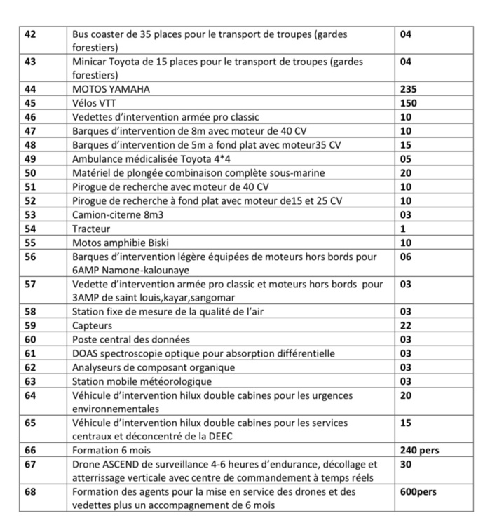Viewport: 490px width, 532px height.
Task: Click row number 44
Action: pyautogui.click(x=30, y=89)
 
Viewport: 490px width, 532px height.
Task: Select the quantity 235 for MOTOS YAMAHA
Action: pyautogui.click(x=408, y=89)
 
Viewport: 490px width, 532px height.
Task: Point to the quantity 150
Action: pyautogui.click(x=408, y=103)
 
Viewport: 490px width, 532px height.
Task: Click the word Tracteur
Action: pyautogui.click(x=91, y=229)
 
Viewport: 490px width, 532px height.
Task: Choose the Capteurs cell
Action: pyautogui.click(x=92, y=326)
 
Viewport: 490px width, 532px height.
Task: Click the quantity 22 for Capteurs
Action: pyautogui.click(x=406, y=326)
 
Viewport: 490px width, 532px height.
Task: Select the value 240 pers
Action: pyautogui.click(x=419, y=451)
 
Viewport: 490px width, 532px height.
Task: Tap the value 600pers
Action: pyautogui.click(x=418, y=492)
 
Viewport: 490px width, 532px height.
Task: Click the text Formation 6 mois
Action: pyautogui.click(x=111, y=451)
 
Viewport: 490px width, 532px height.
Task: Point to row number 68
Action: pyautogui.click(x=30, y=492)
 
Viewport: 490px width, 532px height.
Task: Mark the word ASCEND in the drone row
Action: pyautogui.click(x=123, y=465)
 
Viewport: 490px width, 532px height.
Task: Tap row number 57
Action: pyautogui.click(x=30, y=285)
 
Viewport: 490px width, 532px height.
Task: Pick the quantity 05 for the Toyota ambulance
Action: pyautogui.click(x=406, y=159)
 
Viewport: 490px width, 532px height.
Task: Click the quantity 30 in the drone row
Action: pyautogui.click(x=406, y=465)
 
